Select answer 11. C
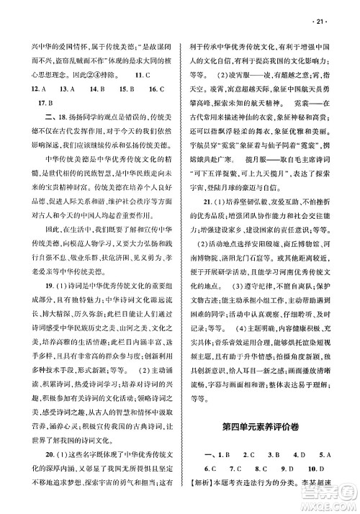(141, 75)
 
